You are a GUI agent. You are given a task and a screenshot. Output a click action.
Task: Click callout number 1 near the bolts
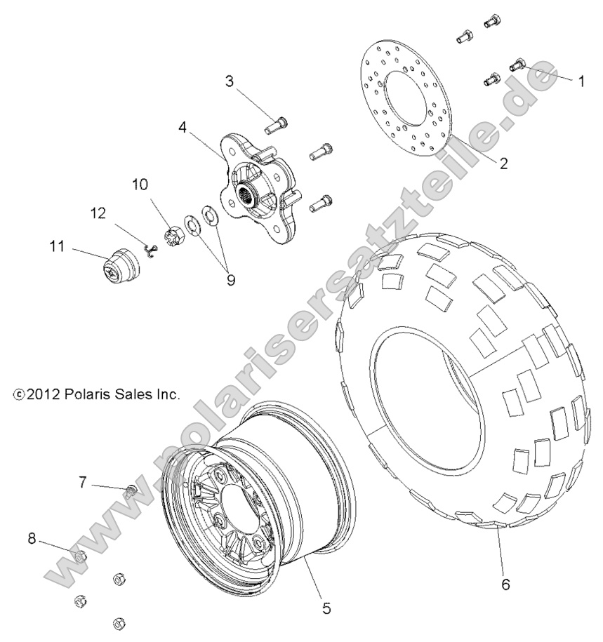click(x=581, y=81)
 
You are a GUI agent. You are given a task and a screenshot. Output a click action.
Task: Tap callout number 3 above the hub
click(x=229, y=81)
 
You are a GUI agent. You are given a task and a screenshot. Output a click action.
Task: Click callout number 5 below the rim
click(x=326, y=608)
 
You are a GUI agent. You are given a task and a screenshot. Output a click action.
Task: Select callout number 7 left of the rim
click(x=82, y=482)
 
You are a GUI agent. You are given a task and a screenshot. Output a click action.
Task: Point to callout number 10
click(x=140, y=185)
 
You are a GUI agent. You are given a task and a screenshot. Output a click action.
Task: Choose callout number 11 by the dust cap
click(x=57, y=246)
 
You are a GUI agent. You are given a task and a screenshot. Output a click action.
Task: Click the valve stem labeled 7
click(x=130, y=493)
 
